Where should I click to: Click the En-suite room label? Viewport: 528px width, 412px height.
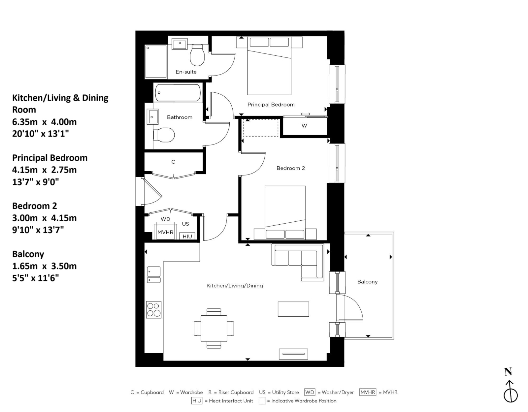[x=186, y=72]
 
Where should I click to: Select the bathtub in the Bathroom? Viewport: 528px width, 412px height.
[x=178, y=92]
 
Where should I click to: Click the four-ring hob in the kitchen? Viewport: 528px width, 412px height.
[x=154, y=310]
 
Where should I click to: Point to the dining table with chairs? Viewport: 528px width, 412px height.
[x=214, y=328]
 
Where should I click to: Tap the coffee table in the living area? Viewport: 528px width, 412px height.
[x=293, y=309]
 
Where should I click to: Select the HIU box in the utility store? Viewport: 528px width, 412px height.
[x=187, y=236]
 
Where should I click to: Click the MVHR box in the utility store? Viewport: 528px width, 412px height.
[x=165, y=232]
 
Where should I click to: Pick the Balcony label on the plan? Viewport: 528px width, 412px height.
[x=367, y=282]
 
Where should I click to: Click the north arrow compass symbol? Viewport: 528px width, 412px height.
[x=510, y=389]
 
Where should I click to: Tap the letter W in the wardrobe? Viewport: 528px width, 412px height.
[x=304, y=126]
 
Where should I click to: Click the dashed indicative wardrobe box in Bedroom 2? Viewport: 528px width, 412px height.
[x=261, y=128]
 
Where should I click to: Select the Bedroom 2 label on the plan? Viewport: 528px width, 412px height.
[x=290, y=168]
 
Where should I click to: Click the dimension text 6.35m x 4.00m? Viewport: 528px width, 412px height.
[x=44, y=122]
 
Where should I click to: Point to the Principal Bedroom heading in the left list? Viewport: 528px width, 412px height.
[x=50, y=158]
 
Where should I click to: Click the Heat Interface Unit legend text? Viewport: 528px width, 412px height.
[x=231, y=401]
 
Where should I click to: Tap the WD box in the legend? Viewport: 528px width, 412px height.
[x=310, y=392]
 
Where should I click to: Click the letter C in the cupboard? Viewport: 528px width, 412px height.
[x=173, y=162]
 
